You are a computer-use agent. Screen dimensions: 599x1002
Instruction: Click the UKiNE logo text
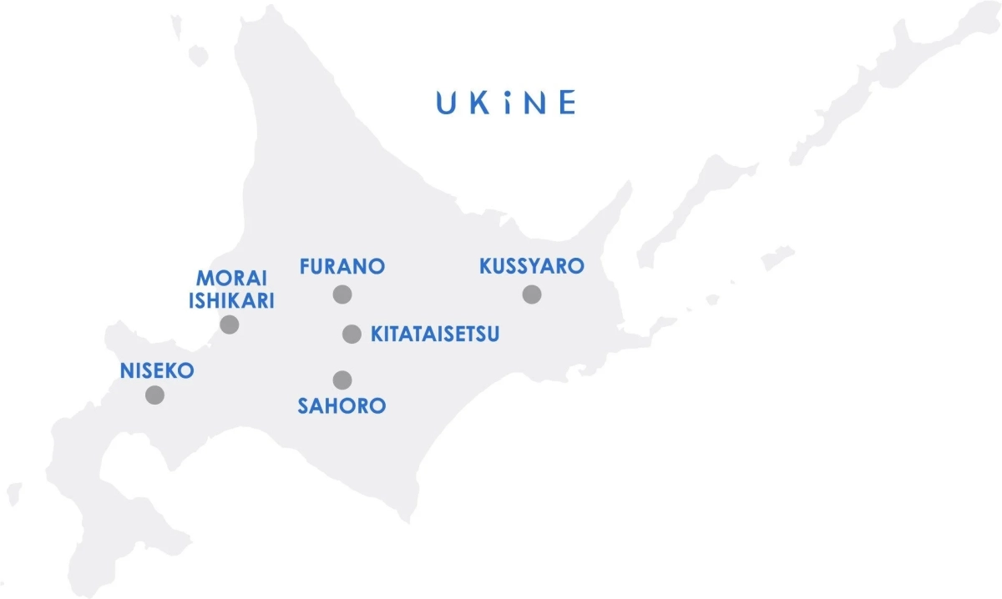[505, 103]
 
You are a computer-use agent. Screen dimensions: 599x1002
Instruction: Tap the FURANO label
[342, 267]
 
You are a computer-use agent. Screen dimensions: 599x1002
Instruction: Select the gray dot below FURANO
[342, 294]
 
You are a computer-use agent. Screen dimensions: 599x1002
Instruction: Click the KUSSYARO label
[531, 267]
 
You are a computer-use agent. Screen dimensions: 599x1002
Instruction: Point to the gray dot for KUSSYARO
[532, 294]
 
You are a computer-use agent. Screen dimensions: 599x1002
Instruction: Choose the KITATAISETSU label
[435, 335]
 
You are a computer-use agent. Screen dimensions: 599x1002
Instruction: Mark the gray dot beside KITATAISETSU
[352, 335]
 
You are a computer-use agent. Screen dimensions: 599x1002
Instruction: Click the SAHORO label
[342, 406]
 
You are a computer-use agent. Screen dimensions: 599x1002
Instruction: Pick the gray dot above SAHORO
[342, 380]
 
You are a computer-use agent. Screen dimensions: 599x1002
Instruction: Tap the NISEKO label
[157, 371]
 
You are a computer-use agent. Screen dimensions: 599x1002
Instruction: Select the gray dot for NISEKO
[154, 395]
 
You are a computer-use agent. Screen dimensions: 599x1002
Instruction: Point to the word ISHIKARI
[231, 301]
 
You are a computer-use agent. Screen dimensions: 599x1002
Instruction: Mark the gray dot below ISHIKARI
[230, 325]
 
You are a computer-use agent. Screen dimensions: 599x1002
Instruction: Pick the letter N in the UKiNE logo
[535, 103]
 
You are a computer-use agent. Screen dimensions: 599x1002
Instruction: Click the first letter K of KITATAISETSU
[377, 335]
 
